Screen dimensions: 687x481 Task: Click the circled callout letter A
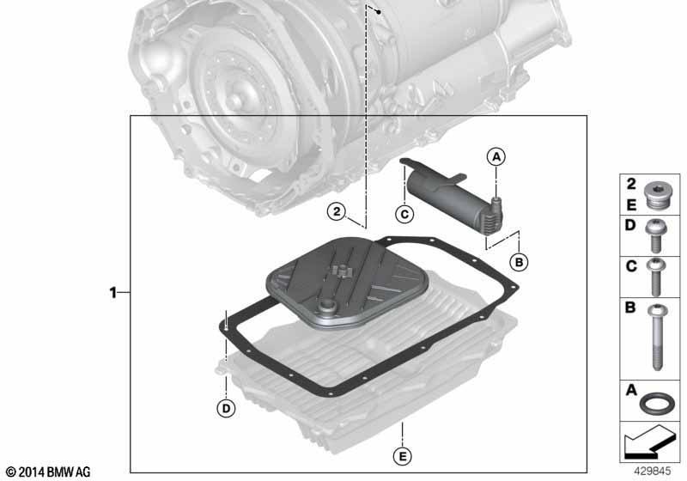[496, 157]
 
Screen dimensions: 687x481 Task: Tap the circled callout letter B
[519, 262]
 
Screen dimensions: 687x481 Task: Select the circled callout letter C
[404, 214]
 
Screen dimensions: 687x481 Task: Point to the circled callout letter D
[226, 409]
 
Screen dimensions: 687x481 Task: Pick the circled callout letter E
[402, 457]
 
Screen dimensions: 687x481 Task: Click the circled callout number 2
[337, 212]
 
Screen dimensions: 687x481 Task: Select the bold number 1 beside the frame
[113, 292]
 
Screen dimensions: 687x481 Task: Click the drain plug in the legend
[658, 198]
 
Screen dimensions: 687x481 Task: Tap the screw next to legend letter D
[655, 235]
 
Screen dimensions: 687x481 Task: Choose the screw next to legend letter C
[655, 277]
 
